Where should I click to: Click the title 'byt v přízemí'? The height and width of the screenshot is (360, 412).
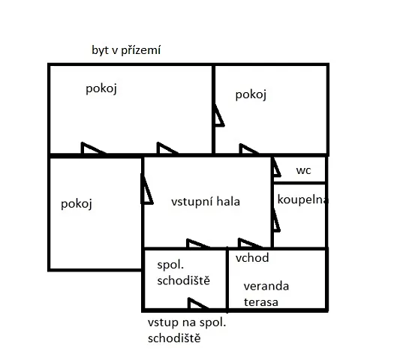[x=126, y=50]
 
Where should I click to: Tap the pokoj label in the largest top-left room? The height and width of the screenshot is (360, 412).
[x=101, y=88]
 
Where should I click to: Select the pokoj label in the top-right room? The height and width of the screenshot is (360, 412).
[x=251, y=94]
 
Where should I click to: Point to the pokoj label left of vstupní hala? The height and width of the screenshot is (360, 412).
[x=77, y=204]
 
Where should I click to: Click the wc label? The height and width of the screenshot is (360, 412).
[x=303, y=170]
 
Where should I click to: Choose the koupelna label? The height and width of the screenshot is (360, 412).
[x=302, y=199]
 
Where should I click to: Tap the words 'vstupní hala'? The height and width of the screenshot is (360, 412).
[x=206, y=202]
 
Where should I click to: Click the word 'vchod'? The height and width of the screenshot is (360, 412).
[x=252, y=258]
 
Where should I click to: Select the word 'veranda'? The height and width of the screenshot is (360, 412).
[x=266, y=286]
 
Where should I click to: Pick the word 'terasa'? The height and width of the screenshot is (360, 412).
[x=261, y=302]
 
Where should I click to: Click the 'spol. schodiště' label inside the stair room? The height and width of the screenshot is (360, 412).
[x=183, y=273]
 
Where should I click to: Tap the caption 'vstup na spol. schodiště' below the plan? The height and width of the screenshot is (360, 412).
[x=187, y=330]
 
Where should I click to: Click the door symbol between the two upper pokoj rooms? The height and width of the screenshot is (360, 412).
[x=218, y=115]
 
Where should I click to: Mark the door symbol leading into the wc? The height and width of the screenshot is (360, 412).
[x=276, y=167]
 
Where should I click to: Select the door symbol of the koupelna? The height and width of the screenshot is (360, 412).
[x=276, y=220]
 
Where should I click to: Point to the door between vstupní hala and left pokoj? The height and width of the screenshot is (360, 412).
[x=146, y=189]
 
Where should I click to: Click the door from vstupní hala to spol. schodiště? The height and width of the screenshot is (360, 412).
[x=197, y=243]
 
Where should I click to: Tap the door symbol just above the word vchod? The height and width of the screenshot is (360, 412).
[x=250, y=243]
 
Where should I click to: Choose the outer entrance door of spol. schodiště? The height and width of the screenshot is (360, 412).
[x=198, y=303]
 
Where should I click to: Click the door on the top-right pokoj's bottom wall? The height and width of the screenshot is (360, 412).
[x=249, y=148]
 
